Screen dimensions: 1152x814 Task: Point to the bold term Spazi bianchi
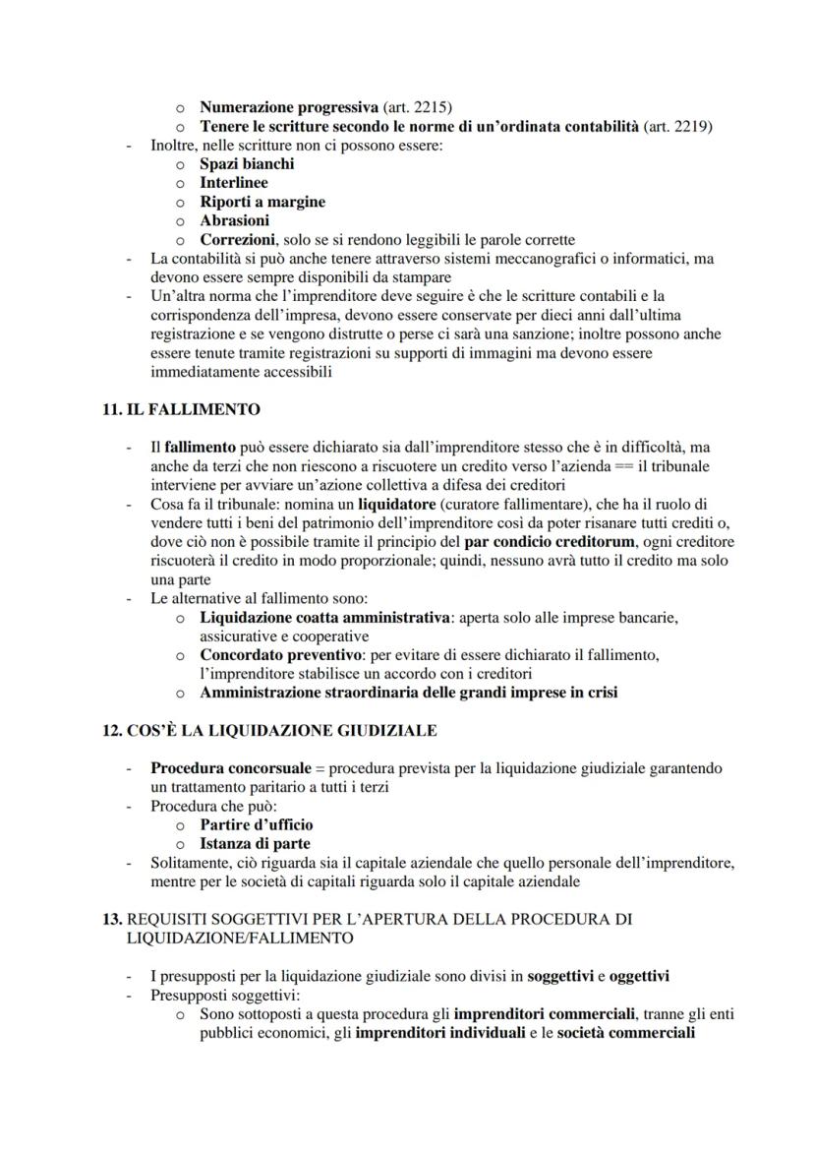click(x=247, y=163)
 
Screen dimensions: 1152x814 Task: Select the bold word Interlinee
click(x=234, y=183)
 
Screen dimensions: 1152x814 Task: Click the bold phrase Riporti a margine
click(x=262, y=202)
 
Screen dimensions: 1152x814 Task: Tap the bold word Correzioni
click(x=237, y=239)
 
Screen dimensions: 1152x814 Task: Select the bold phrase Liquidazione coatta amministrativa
click(x=324, y=617)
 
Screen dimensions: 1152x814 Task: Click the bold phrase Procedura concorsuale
click(x=235, y=767)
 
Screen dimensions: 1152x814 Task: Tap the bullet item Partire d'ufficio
click(x=257, y=824)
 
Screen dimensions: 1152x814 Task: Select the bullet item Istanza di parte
click(x=255, y=843)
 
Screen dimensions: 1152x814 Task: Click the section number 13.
click(x=112, y=919)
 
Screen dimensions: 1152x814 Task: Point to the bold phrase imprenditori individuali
click(x=439, y=1033)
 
